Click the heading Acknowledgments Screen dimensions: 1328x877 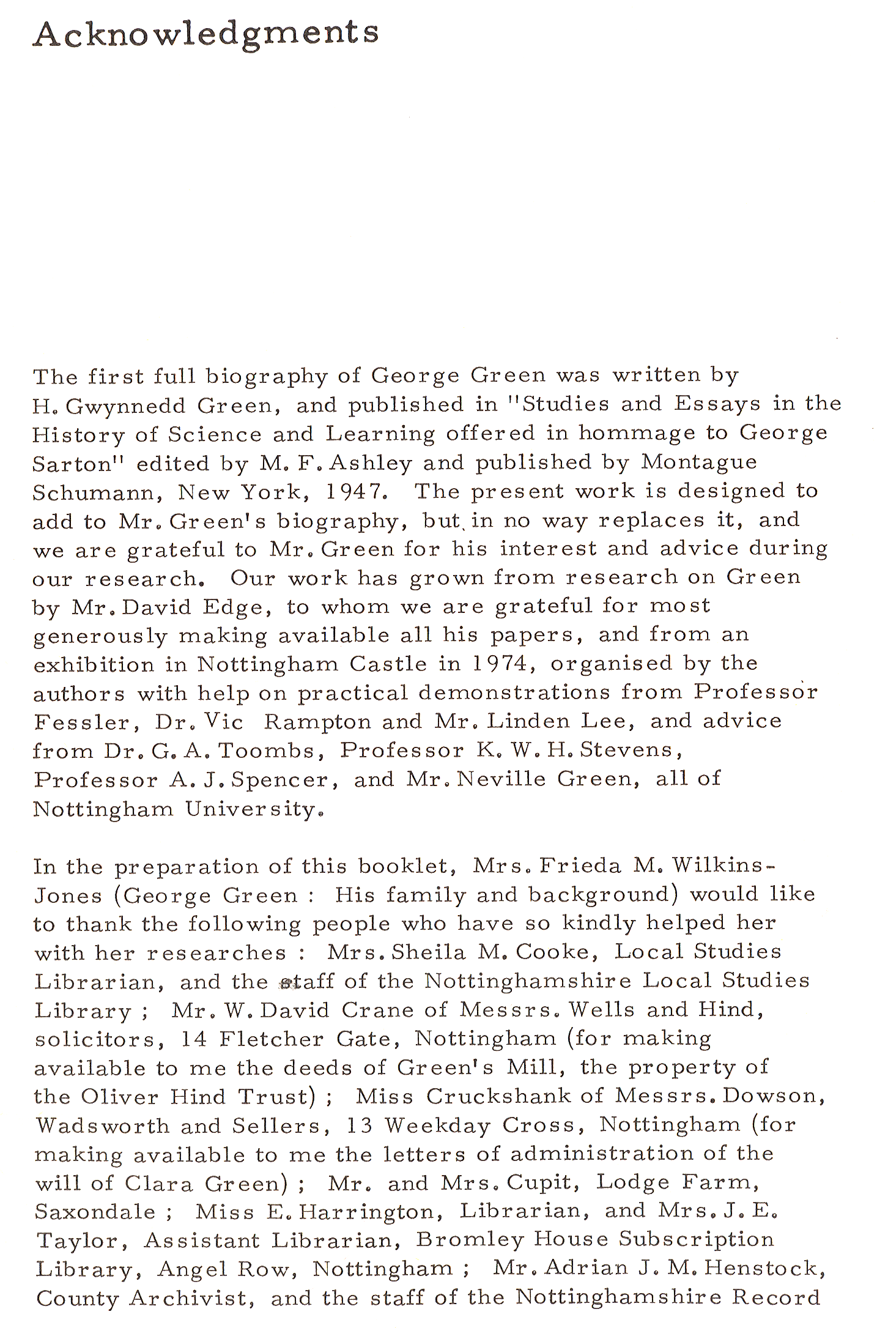[206, 34]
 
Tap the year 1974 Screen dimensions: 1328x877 [503, 664]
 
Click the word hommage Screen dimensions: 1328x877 [637, 433]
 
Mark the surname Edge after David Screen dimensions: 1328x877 [236, 607]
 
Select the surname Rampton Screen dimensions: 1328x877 [317, 722]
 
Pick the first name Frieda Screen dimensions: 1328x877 [580, 866]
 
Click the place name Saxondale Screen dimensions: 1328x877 [95, 1212]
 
